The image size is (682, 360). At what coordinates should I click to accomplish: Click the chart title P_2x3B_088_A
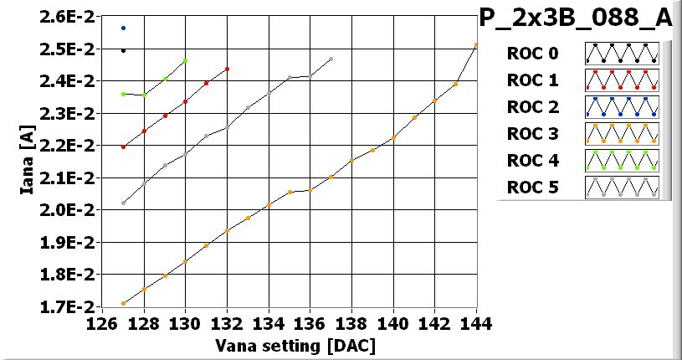tap(577, 18)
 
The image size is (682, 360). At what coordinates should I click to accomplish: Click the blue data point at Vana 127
tap(123, 28)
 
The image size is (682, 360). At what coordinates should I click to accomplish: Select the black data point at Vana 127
tap(123, 50)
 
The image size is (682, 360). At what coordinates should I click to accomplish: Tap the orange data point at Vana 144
tap(476, 45)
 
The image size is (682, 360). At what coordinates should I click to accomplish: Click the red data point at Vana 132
tap(227, 69)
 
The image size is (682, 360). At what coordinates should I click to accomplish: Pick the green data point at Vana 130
tap(185, 60)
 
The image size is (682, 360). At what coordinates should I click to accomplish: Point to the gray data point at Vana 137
tap(331, 59)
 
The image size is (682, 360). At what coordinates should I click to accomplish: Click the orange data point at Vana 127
tap(123, 303)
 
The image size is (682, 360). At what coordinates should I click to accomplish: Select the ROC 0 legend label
tap(532, 54)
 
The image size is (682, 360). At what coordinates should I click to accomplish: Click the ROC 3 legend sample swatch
tap(622, 134)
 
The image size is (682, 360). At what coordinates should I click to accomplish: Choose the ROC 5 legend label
tap(532, 188)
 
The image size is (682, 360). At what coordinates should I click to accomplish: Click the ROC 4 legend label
tap(532, 161)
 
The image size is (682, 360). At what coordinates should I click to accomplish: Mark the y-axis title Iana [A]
tap(28, 162)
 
